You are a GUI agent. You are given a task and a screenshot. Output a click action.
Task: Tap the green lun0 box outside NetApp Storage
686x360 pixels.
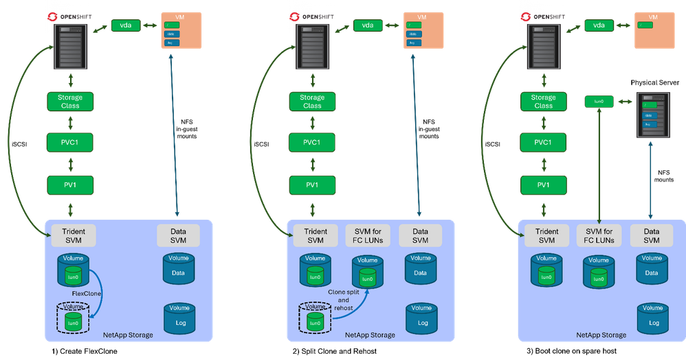598,101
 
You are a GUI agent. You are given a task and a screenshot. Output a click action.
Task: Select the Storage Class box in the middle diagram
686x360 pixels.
312,102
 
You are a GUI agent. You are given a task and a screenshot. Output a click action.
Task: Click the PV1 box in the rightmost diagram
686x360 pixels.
543,185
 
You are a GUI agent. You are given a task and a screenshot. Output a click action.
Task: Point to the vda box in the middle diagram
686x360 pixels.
368,25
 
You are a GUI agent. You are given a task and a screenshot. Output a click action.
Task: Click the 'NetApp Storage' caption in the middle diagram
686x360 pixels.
370,335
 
